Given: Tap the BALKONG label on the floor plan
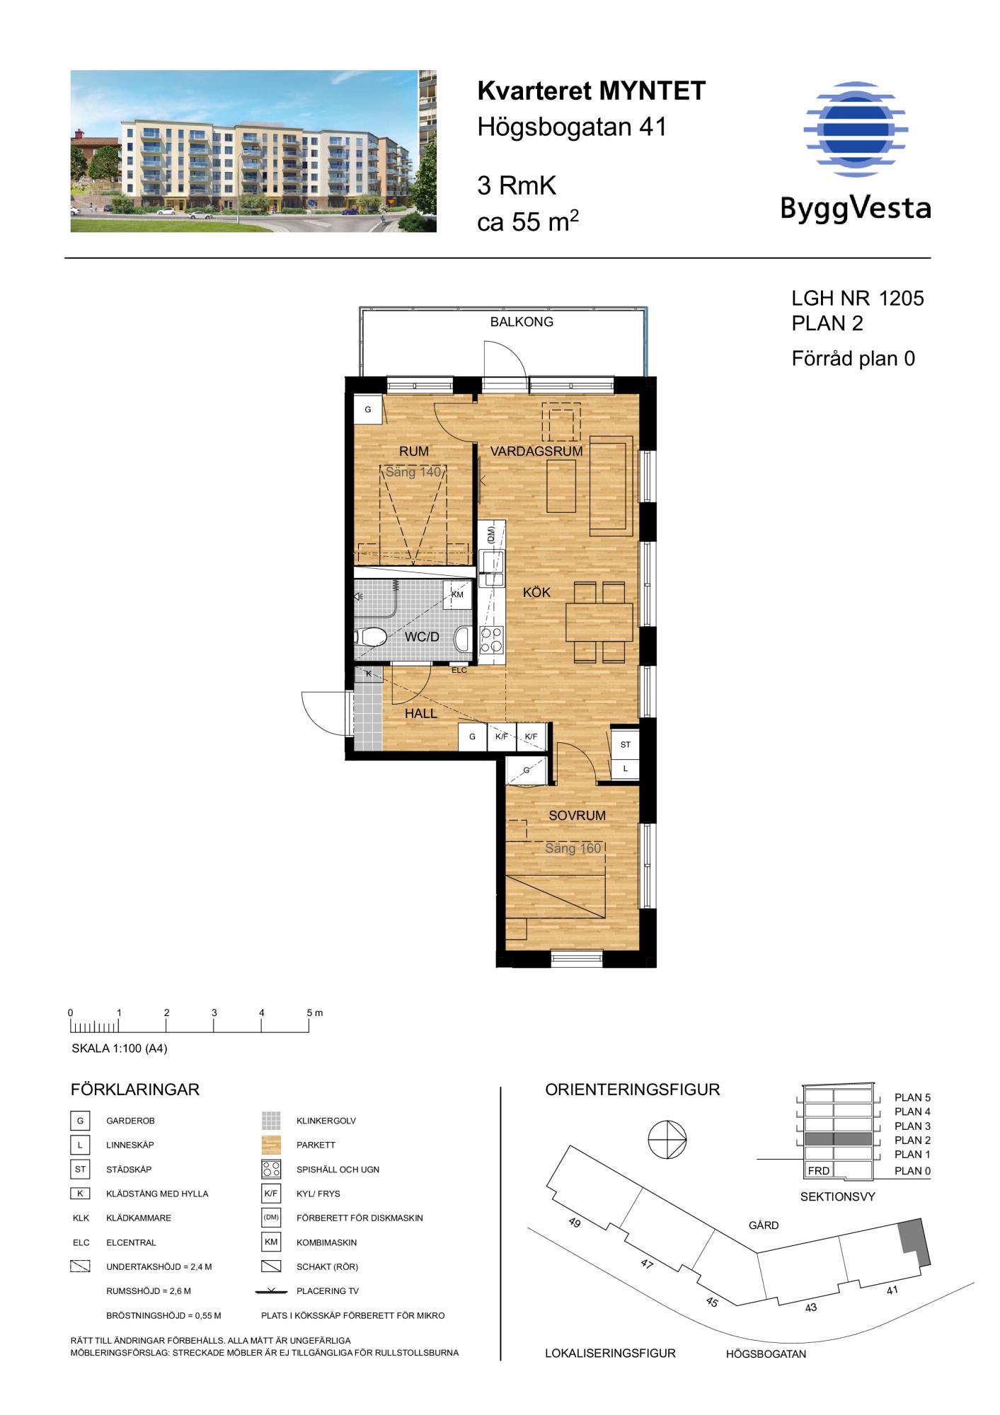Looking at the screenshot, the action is [522, 322].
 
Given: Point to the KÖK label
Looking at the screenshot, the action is [536, 592].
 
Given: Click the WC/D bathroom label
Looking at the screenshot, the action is [422, 637].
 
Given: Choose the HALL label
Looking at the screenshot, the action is [421, 714].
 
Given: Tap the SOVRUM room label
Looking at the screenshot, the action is [577, 815].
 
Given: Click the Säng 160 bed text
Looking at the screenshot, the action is [573, 848].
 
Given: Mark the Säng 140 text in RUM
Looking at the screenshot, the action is [413, 472].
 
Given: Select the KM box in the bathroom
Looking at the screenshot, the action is [457, 594].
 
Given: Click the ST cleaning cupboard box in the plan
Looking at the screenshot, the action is [625, 744].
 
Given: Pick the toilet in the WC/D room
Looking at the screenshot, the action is [371, 637].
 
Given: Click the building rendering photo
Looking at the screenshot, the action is [253, 151].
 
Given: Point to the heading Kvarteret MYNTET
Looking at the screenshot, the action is [592, 91].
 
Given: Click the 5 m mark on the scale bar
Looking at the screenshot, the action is [309, 1022].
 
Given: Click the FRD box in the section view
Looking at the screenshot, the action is [819, 1170].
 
